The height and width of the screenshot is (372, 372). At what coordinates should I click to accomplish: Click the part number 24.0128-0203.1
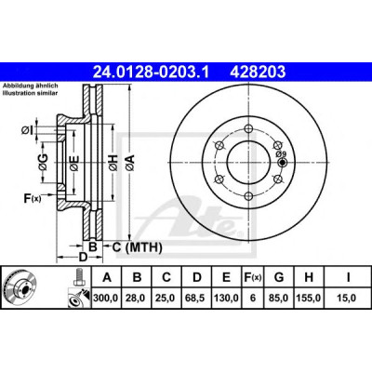pyautogui.click(x=151, y=73)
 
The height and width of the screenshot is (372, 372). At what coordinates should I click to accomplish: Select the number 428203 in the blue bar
pyautogui.click(x=258, y=73)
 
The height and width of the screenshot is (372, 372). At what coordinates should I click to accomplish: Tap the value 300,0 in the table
pyautogui.click(x=107, y=299)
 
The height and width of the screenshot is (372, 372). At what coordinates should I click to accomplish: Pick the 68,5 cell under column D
pyautogui.click(x=197, y=299)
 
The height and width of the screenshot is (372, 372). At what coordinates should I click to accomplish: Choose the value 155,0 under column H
pyautogui.click(x=309, y=299)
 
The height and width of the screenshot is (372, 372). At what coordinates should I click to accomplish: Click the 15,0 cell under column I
pyautogui.click(x=347, y=299)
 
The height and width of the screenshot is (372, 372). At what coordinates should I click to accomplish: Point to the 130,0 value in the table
pyautogui.click(x=227, y=299)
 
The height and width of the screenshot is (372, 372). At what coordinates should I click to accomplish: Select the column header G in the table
pyautogui.click(x=279, y=277)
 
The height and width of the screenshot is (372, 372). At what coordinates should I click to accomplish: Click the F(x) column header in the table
pyautogui.click(x=253, y=277)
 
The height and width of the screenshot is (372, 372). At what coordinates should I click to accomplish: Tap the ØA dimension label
pyautogui.click(x=130, y=163)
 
